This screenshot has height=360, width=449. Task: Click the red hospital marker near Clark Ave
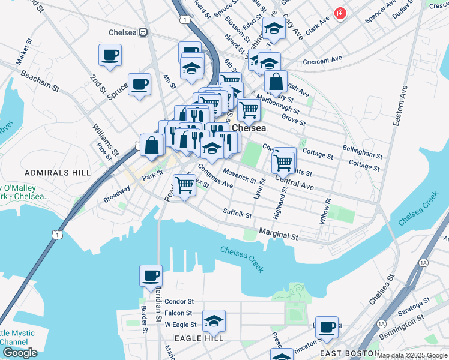click(340, 13)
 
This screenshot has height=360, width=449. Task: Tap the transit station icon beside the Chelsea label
click(143, 32)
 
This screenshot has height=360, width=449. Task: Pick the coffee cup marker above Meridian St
click(151, 276)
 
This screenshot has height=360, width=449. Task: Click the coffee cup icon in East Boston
click(327, 327)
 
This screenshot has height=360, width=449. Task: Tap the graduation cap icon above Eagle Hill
click(214, 321)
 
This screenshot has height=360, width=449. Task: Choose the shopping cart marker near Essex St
click(185, 185)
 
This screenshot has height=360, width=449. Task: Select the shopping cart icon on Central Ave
click(283, 160)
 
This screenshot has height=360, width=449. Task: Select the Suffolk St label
click(237, 212)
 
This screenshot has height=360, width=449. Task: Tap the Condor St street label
click(179, 301)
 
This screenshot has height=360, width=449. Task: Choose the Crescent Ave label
click(322, 59)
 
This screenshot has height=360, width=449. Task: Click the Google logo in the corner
click(20, 352)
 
